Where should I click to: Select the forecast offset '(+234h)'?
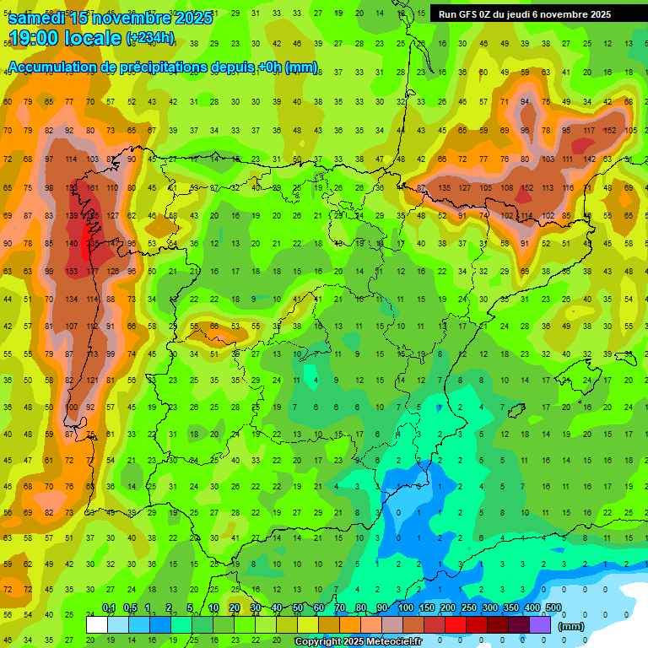[x=150, y=38]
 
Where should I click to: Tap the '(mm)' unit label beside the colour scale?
[x=571, y=626]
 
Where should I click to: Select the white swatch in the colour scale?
[x=97, y=625]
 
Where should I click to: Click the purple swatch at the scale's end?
[x=540, y=625]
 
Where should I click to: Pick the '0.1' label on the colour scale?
[x=109, y=608]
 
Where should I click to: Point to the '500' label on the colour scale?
[x=553, y=608]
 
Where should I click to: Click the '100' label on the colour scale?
[x=405, y=608]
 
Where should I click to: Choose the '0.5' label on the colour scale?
[x=130, y=608]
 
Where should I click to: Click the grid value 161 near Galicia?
[x=91, y=187]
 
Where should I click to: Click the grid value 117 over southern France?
[x=588, y=131]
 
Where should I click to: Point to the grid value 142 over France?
[x=588, y=159]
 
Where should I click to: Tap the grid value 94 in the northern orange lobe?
[x=525, y=102]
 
